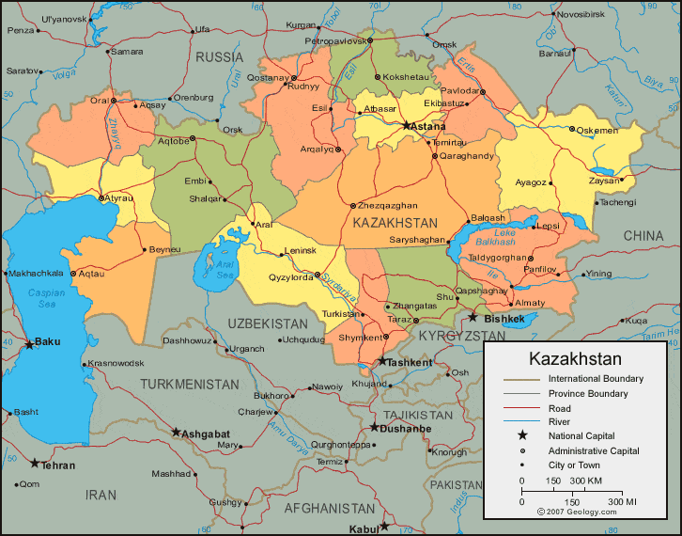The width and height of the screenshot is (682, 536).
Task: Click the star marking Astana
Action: pyautogui.click(x=407, y=125)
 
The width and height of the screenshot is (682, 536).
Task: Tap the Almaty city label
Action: pyautogui.click(x=530, y=303)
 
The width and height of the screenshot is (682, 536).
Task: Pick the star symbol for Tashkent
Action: pyautogui.click(x=382, y=361)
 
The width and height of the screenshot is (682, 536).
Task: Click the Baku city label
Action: pyautogui.click(x=47, y=342)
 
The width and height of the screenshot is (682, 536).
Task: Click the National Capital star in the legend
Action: pyautogui.click(x=520, y=435)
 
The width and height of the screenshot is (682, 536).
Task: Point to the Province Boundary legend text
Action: pyautogui.click(x=588, y=394)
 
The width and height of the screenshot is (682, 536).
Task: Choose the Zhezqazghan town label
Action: pyautogui.click(x=387, y=205)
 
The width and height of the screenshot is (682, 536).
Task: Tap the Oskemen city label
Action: pyautogui.click(x=597, y=130)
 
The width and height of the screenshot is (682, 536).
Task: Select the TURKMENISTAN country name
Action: pyautogui.click(x=191, y=384)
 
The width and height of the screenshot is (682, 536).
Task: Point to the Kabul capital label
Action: pyautogui.click(x=363, y=528)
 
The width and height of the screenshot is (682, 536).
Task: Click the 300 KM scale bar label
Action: pyautogui.click(x=585, y=481)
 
